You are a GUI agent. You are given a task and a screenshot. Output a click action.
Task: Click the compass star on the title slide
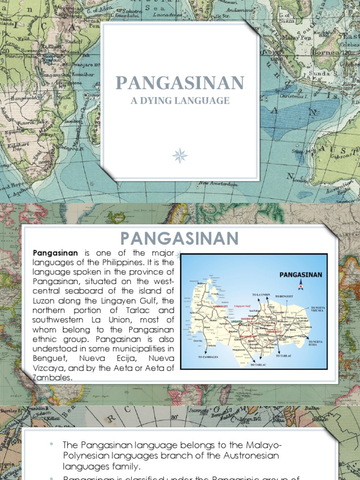coord(180,155)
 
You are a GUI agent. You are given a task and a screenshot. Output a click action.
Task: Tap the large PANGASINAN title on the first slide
coord(180,83)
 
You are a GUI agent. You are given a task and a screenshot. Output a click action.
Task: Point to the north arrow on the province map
coord(301,285)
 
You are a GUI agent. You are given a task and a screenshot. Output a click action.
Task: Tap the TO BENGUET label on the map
coord(285,297)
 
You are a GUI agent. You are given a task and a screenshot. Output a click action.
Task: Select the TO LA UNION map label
coord(261,295)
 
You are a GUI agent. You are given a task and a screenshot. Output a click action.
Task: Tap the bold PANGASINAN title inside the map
coord(300,275)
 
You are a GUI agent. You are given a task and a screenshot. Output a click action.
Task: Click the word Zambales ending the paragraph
coord(52,377)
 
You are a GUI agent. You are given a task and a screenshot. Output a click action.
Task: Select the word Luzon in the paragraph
coord(44,300)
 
